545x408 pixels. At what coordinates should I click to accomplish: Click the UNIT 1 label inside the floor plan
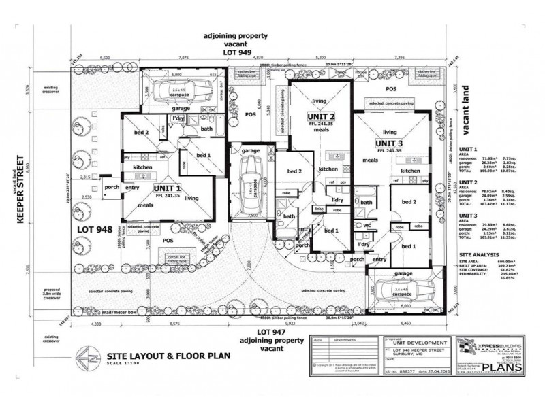point(167,188)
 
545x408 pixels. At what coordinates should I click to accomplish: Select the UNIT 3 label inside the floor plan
point(389,143)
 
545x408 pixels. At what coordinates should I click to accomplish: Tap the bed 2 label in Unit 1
point(141,132)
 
